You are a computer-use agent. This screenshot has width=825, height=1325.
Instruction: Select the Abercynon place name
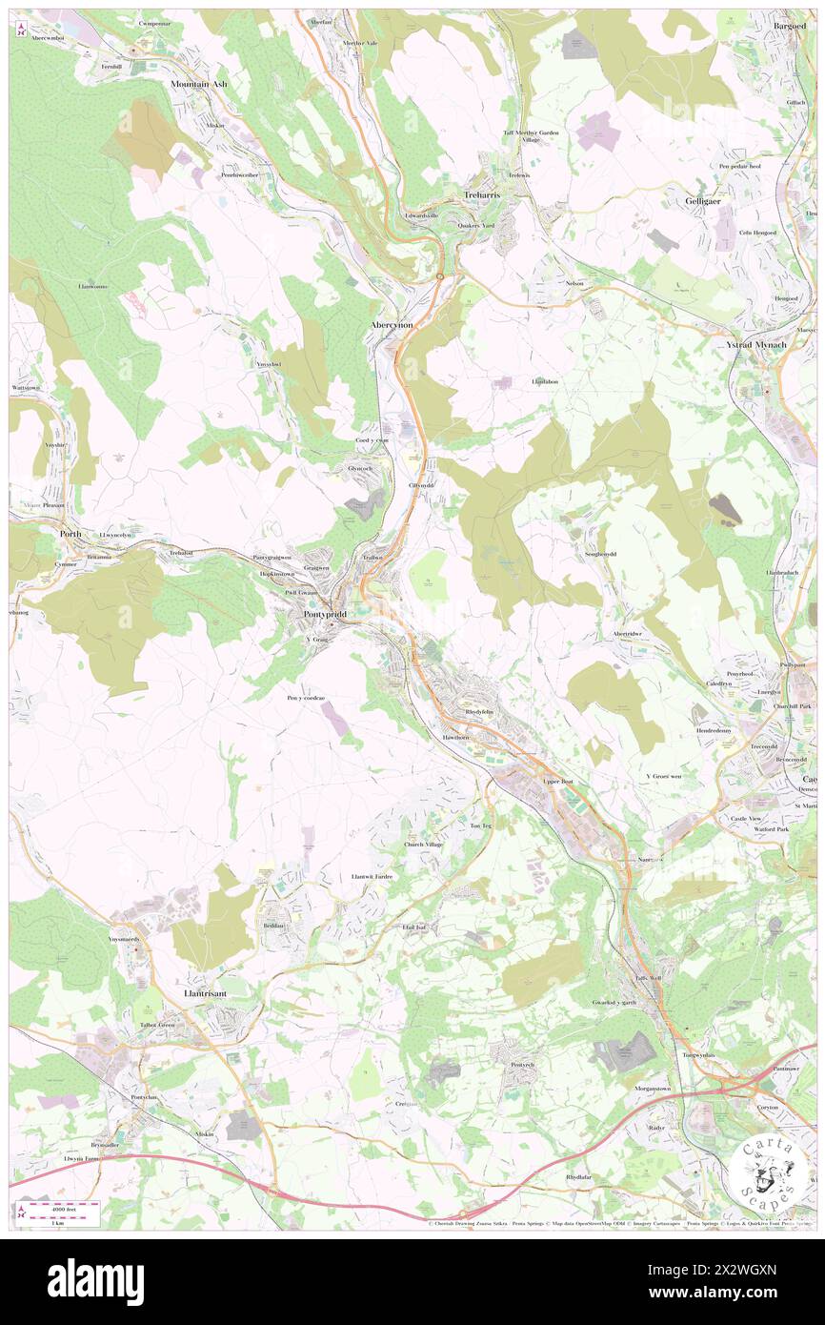click(x=391, y=325)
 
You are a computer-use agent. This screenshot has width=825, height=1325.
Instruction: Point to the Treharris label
click(x=481, y=194)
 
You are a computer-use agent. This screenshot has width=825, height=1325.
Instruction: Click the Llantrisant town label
click(x=204, y=992)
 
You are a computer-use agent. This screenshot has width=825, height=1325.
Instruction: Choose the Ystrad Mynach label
click(x=752, y=344)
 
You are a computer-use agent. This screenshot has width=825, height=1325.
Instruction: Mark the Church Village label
click(x=423, y=845)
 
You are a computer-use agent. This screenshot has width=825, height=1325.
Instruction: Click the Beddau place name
click(x=272, y=926)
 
